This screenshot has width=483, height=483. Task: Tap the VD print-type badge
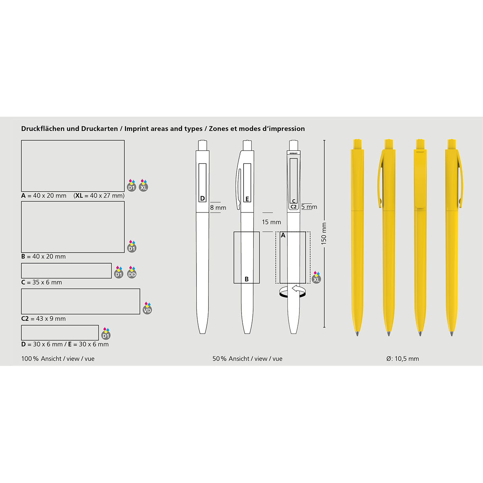click(147, 309)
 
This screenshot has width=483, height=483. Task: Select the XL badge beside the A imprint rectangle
click(143, 186)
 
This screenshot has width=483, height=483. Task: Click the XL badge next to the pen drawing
click(316, 277)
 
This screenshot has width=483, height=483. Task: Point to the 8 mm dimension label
click(218, 208)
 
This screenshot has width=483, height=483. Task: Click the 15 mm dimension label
click(271, 222)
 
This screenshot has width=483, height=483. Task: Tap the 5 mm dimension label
click(309, 207)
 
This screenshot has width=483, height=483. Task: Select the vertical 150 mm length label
click(324, 233)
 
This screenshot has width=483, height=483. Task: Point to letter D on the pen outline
click(202, 198)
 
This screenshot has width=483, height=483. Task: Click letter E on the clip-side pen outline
click(247, 199)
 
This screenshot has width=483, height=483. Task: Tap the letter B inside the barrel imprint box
click(247, 279)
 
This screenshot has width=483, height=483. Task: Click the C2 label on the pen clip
click(293, 207)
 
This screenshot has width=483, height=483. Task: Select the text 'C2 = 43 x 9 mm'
click(43, 319)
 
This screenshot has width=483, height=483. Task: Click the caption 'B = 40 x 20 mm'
click(43, 257)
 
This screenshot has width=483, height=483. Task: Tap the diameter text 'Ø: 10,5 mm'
click(402, 359)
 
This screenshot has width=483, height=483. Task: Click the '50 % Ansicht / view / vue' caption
click(248, 359)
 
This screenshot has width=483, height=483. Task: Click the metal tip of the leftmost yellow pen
click(357, 334)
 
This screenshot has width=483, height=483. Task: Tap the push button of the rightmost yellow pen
click(452, 144)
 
